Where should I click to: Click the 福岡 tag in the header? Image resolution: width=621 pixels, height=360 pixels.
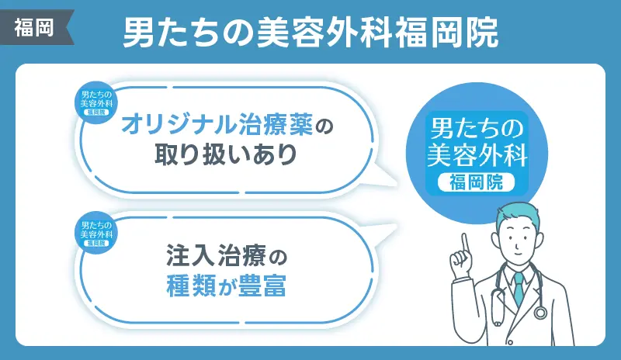point(35,28)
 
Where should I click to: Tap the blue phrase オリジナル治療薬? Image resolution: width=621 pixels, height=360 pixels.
point(217,125)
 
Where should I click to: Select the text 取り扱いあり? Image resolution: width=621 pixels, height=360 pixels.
point(226,154)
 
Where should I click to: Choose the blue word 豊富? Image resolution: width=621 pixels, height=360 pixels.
point(262,286)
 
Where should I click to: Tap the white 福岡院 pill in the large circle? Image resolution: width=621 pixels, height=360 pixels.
point(476,182)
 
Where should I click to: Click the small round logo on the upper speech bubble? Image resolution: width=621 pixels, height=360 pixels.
point(96,102)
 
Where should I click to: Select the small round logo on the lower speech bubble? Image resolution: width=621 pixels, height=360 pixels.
point(96,233)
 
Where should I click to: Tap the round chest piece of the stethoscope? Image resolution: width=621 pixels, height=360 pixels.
point(540,313)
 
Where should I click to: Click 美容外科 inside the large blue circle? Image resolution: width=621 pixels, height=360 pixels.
point(477,155)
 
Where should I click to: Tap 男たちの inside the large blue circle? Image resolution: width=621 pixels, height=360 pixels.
point(477,128)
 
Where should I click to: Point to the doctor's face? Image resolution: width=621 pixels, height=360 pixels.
point(518,241)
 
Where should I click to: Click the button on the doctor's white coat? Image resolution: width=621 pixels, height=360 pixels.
point(511,342)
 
